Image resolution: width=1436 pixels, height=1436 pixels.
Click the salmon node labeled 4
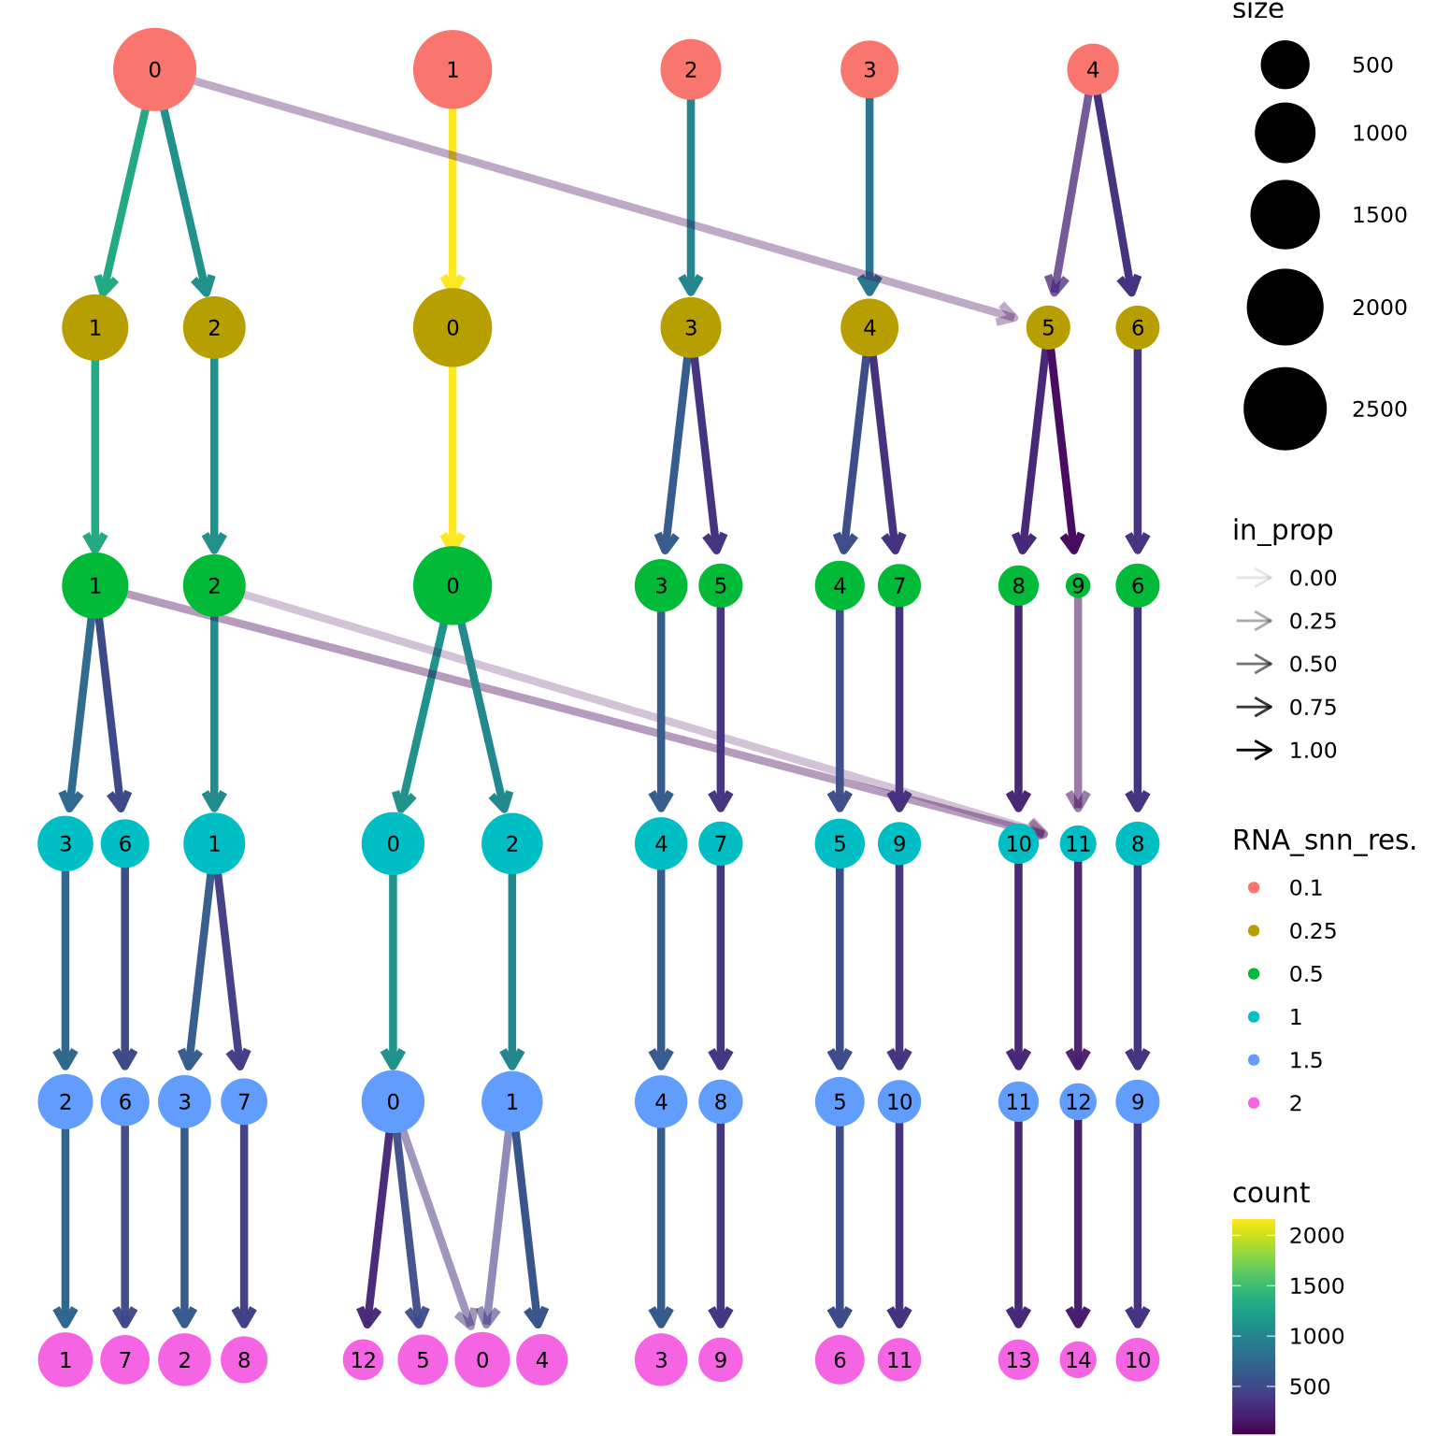pos(1092,69)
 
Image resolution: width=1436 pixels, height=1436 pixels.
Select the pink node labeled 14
pos(1078,1359)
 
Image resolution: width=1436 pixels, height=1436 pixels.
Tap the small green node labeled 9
pos(1078,586)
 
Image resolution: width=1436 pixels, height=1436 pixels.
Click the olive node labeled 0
pos(452,327)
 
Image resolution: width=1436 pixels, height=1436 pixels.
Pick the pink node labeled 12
pos(363,1359)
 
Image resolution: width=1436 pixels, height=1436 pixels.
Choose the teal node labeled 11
pos(1078,844)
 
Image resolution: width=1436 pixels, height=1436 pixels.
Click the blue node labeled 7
pos(244,1101)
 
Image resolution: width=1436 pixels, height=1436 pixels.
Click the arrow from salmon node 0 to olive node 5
pos(598,197)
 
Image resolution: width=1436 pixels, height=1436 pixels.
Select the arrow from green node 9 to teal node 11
pos(1078,701)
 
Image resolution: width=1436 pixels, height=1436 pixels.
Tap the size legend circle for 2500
pos(1285,409)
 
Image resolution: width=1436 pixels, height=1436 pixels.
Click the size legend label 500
pos(1371,65)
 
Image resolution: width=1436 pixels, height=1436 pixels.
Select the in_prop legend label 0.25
pos(1312,621)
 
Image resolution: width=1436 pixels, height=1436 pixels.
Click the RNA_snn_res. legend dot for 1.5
pos(1254,1060)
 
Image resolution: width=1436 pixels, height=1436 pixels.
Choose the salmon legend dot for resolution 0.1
pos(1254,887)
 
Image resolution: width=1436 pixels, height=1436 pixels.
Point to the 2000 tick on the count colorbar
pos(1316,1235)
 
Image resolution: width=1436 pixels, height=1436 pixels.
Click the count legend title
pos(1271,1193)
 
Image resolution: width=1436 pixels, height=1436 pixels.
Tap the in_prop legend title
pos(1282,530)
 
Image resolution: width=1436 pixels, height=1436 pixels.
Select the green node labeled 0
pos(452,586)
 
